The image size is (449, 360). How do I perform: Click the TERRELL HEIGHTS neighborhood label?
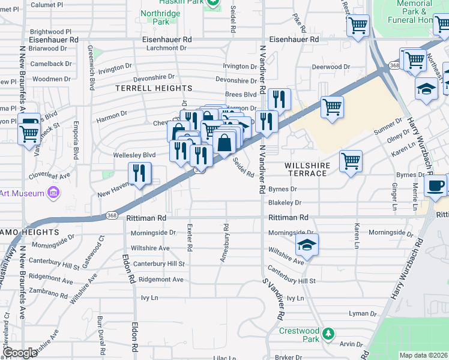154,88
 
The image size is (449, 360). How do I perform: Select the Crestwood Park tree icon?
328,334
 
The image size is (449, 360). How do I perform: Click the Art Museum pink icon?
53,193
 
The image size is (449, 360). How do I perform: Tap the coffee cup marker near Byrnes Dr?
435,185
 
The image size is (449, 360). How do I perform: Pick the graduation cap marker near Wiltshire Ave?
306,245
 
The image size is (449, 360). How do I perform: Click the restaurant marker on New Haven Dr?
140,173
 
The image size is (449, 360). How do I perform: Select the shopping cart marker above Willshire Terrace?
351,160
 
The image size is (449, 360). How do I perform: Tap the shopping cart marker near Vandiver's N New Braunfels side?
28,134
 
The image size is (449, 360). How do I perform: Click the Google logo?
20,353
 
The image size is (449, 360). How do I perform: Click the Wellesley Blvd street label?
134,155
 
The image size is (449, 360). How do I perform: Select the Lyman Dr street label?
363,313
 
